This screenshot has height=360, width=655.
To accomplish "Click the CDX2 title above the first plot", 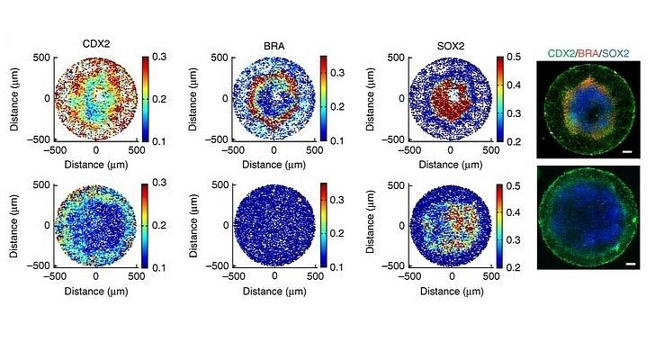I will (x=95, y=42).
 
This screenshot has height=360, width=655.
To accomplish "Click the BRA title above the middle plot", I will (x=275, y=42).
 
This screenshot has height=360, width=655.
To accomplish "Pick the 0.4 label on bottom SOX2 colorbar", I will (x=516, y=211).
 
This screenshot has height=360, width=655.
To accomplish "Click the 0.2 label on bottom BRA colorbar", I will (x=338, y=233).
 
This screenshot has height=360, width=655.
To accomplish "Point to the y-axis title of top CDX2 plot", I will (x=15, y=98).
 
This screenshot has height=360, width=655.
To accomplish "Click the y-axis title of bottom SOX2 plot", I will (x=372, y=225).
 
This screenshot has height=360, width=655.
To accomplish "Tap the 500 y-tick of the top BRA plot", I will (x=218, y=57).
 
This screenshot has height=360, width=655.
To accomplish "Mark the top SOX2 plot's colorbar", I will (x=500, y=98).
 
